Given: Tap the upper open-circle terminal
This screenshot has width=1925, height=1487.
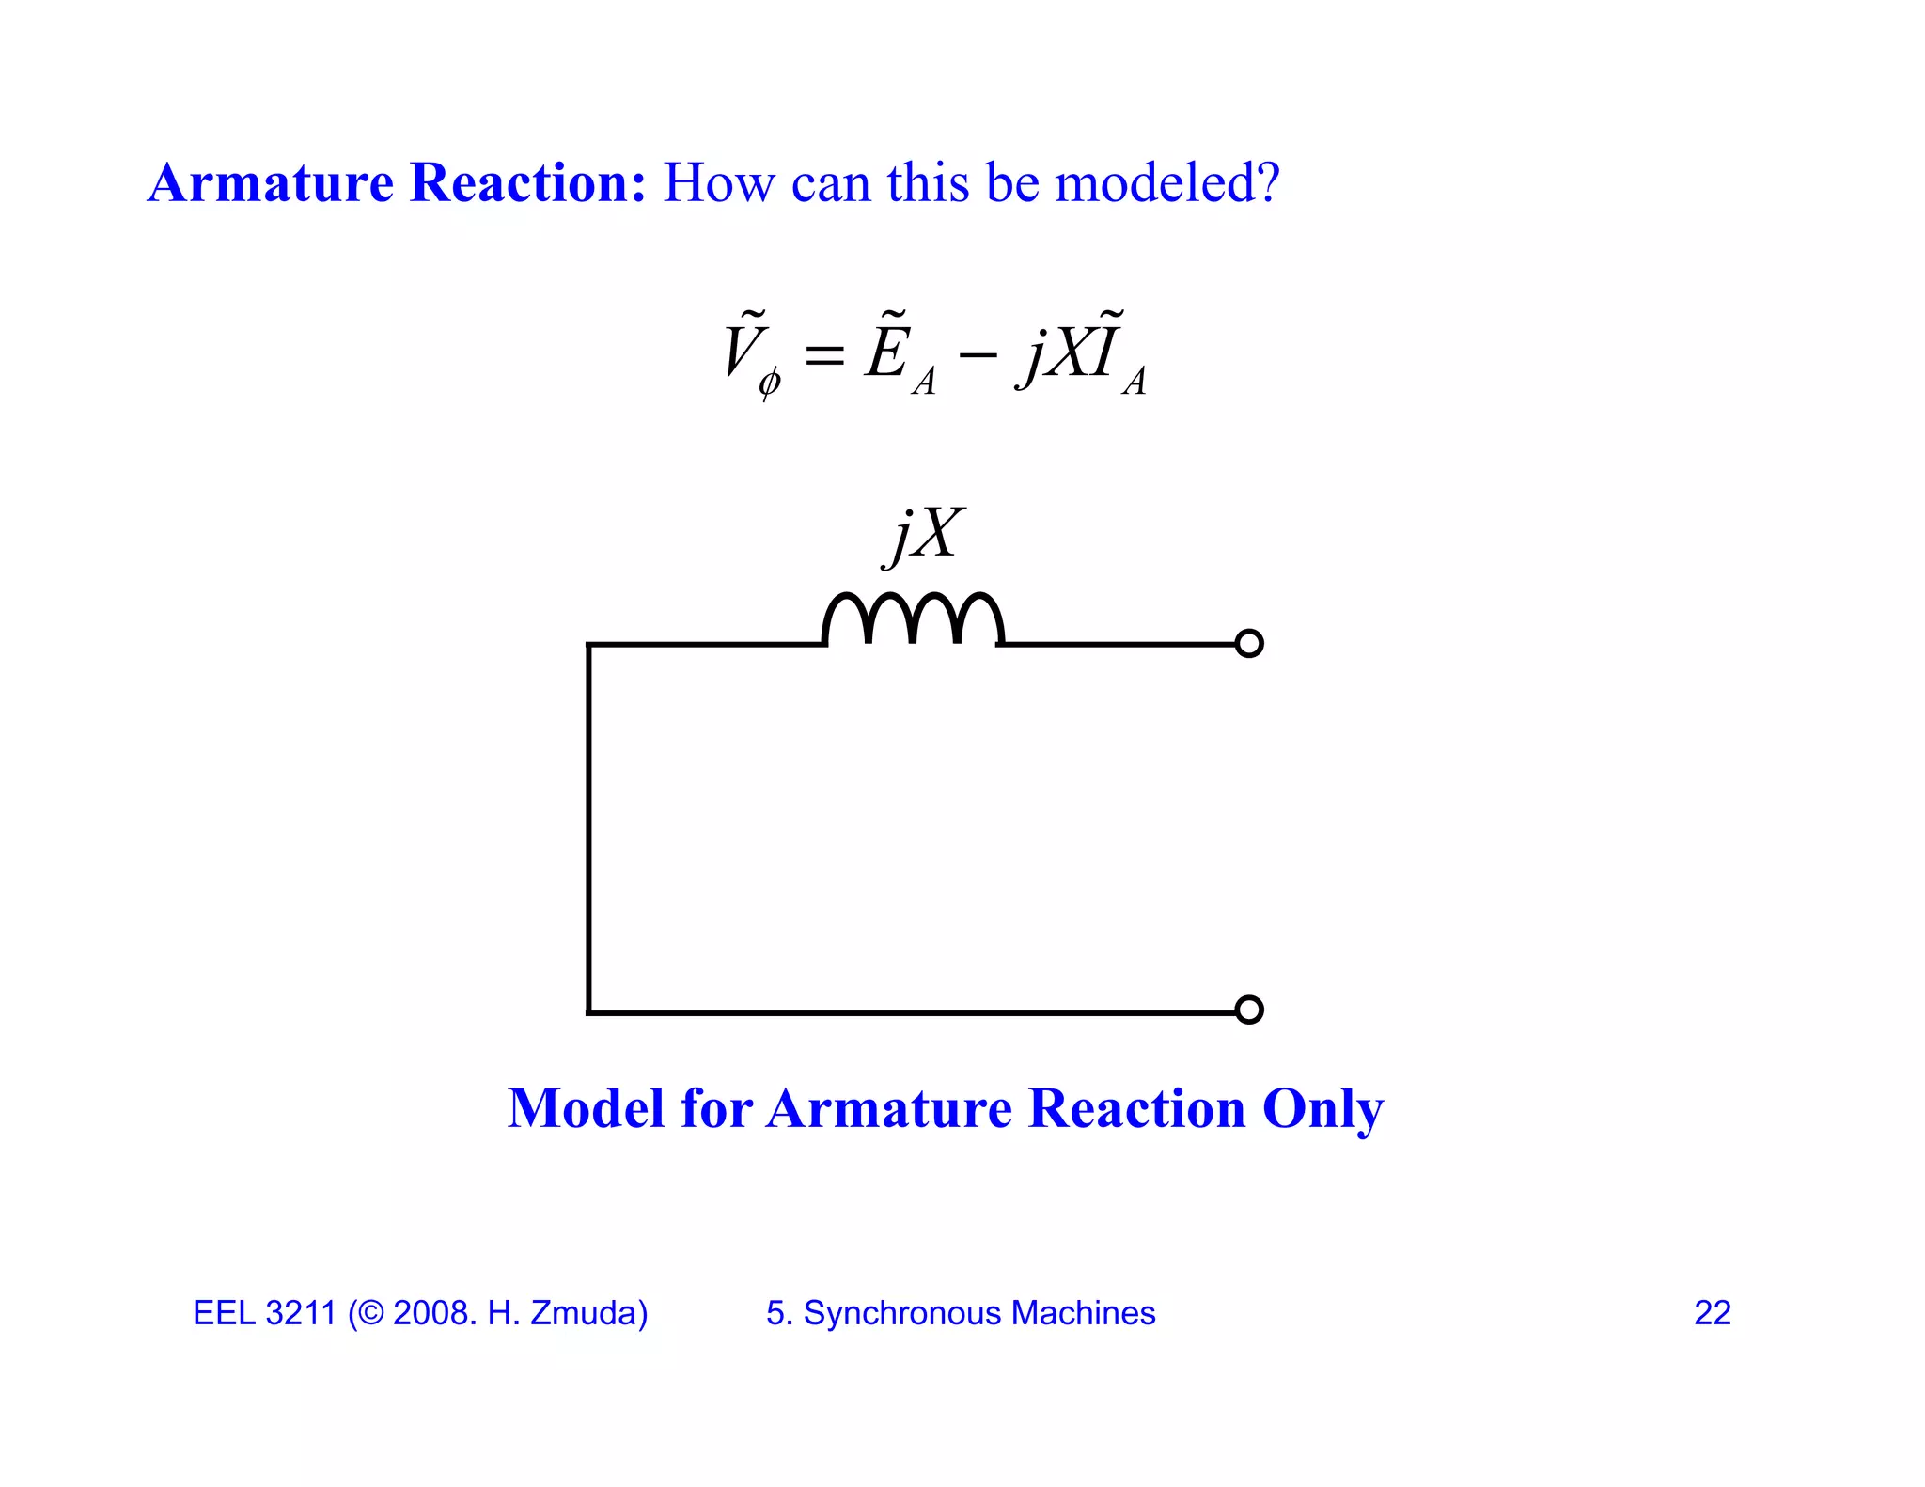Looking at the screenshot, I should click(x=1248, y=644).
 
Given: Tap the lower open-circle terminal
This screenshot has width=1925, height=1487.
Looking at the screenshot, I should click(x=1248, y=1010).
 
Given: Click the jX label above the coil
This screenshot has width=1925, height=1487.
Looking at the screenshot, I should click(x=925, y=535).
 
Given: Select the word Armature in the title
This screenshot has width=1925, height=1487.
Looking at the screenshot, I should click(x=271, y=182).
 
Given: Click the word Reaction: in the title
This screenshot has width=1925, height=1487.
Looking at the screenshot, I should click(x=528, y=182).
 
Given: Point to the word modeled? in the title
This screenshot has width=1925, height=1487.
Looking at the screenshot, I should click(x=1167, y=182).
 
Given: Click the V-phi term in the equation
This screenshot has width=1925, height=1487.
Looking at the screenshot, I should click(x=750, y=355).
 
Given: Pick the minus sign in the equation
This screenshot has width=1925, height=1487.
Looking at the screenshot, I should click(x=977, y=356).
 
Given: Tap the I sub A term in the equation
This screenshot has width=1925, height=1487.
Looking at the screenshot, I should click(x=1119, y=355).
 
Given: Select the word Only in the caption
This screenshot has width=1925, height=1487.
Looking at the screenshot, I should click(x=1322, y=1109).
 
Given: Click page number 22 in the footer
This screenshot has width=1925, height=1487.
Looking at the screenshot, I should click(x=1712, y=1313).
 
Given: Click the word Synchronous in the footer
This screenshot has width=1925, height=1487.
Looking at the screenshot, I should click(x=901, y=1313).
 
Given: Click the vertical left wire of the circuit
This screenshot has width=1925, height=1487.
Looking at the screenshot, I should click(x=589, y=827).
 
